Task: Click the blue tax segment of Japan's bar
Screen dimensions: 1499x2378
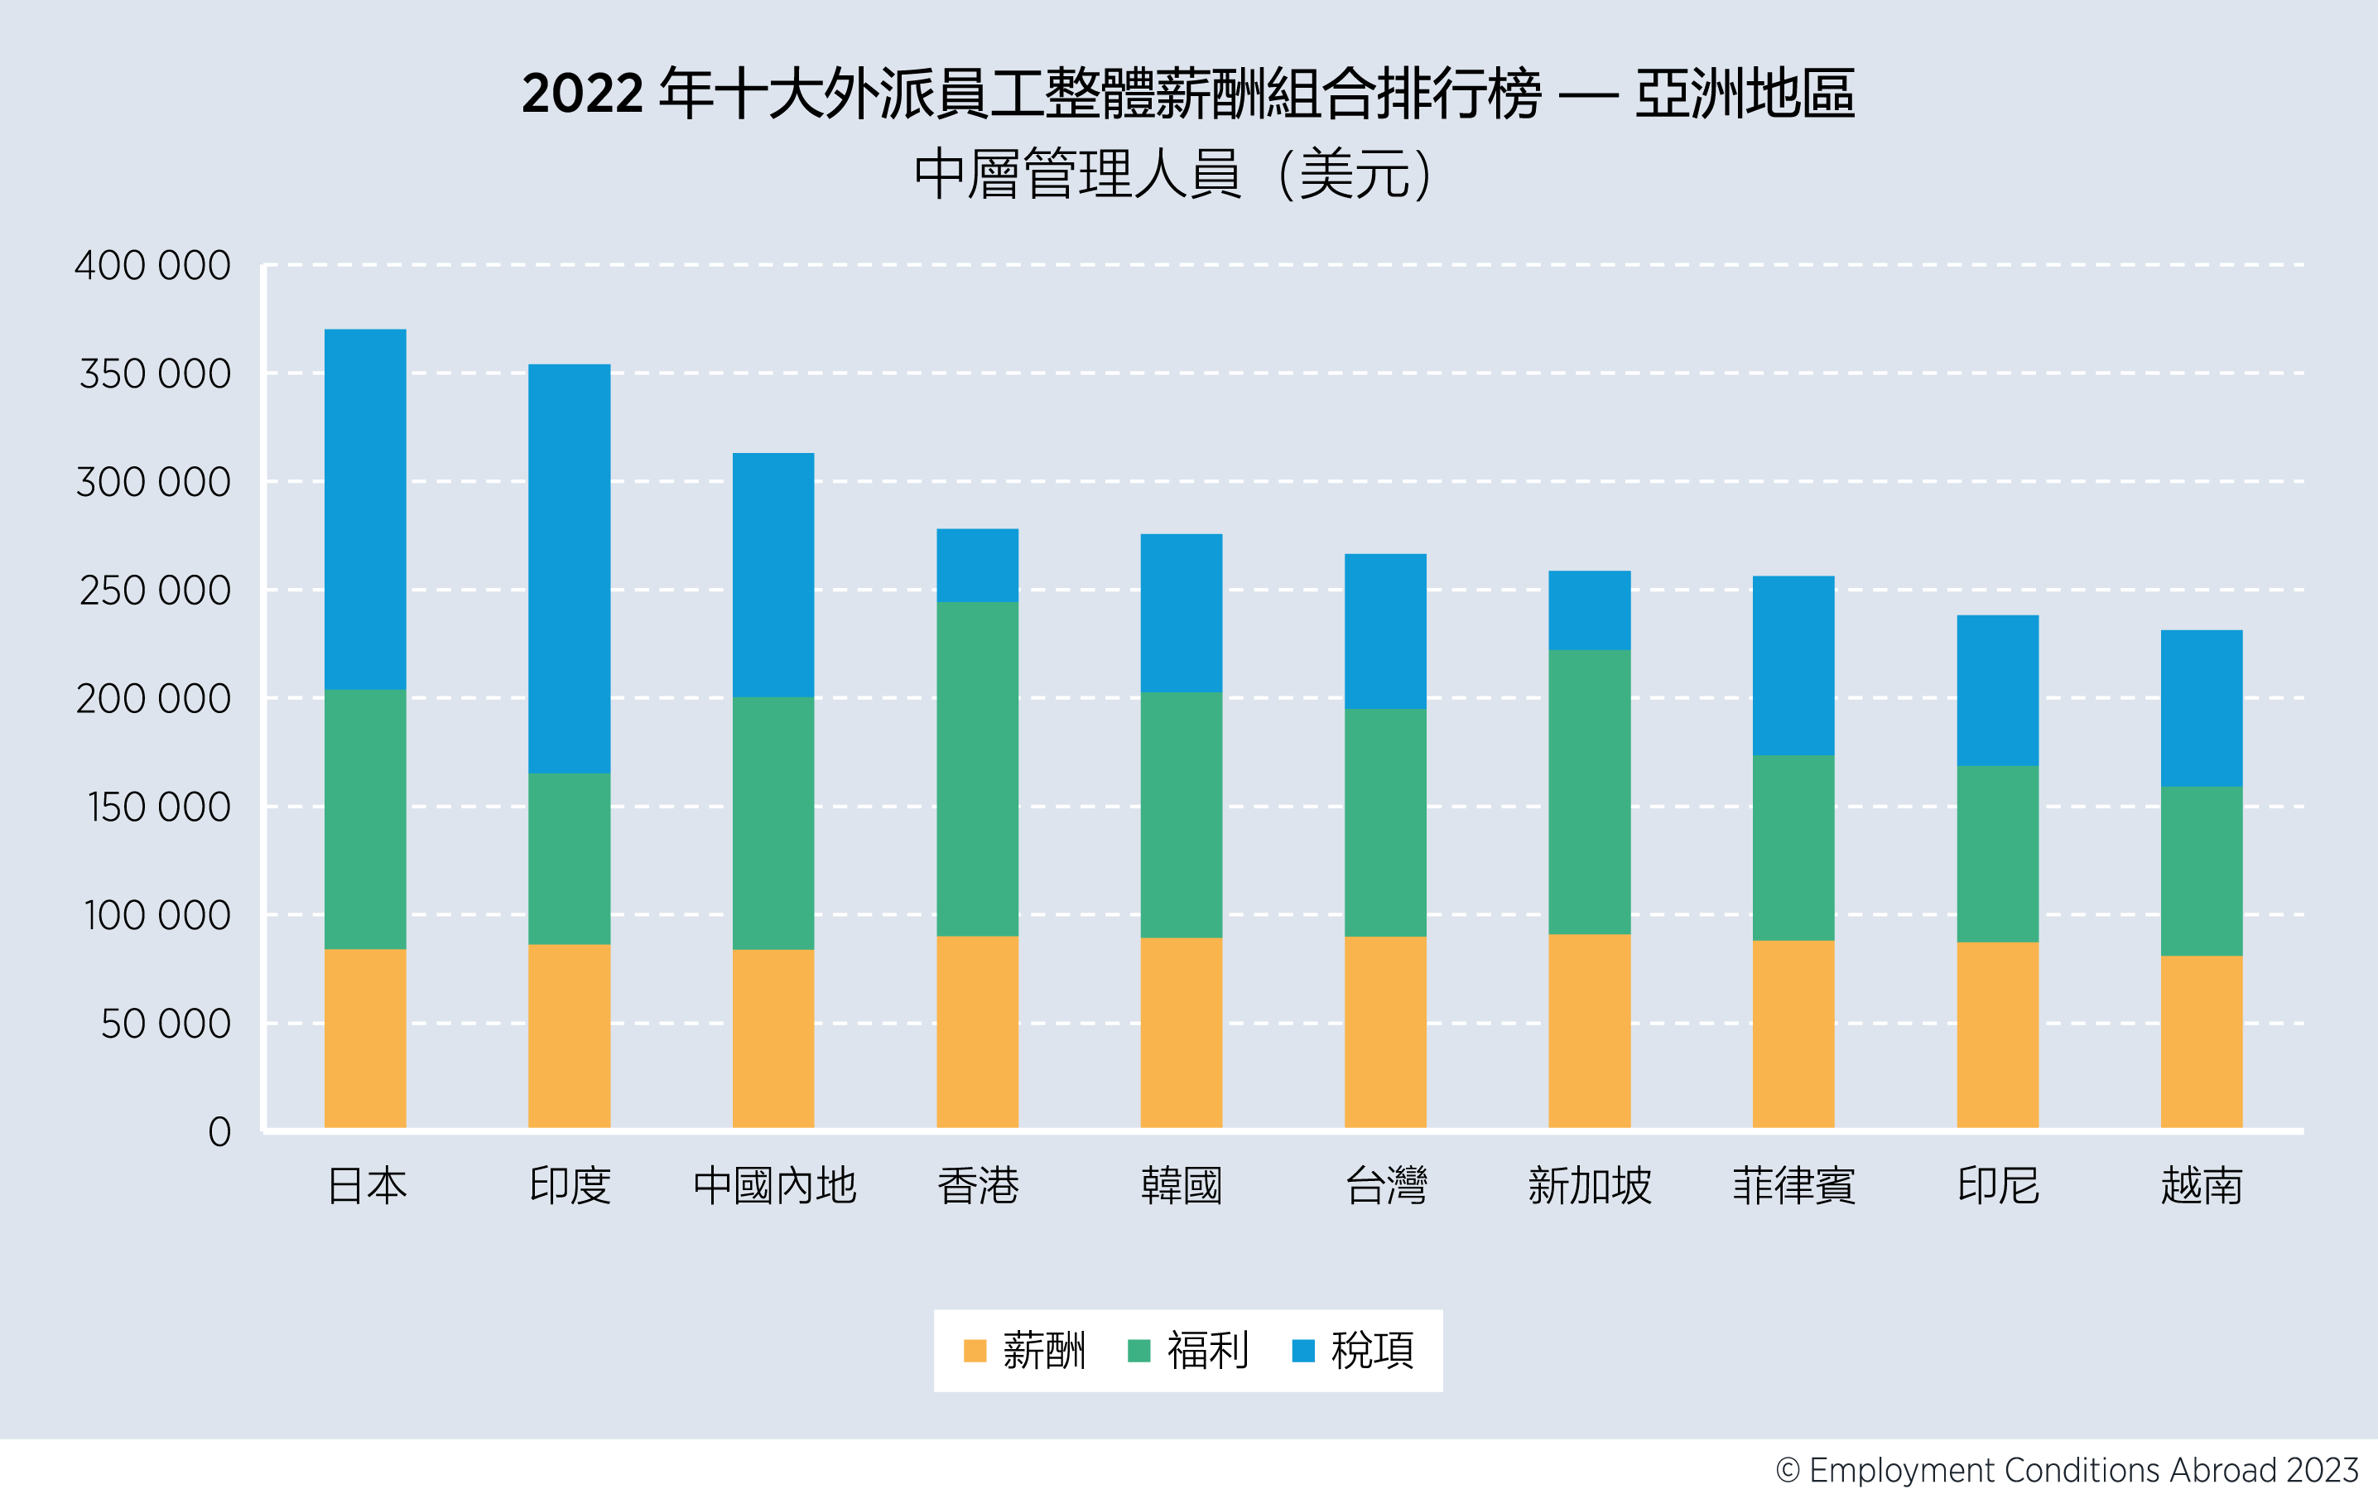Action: pos(364,509)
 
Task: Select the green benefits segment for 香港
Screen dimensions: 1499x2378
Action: pos(977,769)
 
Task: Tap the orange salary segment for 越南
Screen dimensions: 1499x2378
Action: pos(2202,1041)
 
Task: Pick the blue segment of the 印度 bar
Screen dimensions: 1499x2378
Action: pos(569,568)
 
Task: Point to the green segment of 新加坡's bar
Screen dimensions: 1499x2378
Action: pos(1589,791)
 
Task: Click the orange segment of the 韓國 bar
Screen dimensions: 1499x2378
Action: pos(1181,1032)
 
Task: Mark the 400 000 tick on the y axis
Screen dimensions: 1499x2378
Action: pos(153,266)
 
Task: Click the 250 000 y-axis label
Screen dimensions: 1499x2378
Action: pos(155,590)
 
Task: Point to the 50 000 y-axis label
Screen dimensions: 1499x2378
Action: pos(166,1024)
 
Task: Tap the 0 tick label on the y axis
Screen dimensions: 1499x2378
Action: pos(219,1131)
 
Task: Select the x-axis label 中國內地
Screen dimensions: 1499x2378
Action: pos(774,1185)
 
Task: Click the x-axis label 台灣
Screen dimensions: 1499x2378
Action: pos(1385,1185)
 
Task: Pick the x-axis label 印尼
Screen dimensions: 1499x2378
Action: pos(1998,1185)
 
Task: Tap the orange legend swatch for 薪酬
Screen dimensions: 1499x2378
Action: pos(975,1350)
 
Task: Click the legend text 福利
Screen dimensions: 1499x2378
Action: pos(1208,1350)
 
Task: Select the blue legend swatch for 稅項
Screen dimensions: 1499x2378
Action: pos(1303,1350)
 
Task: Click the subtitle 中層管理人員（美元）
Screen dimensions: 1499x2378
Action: pos(1173,175)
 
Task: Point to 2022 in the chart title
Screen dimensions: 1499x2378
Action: pos(583,94)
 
